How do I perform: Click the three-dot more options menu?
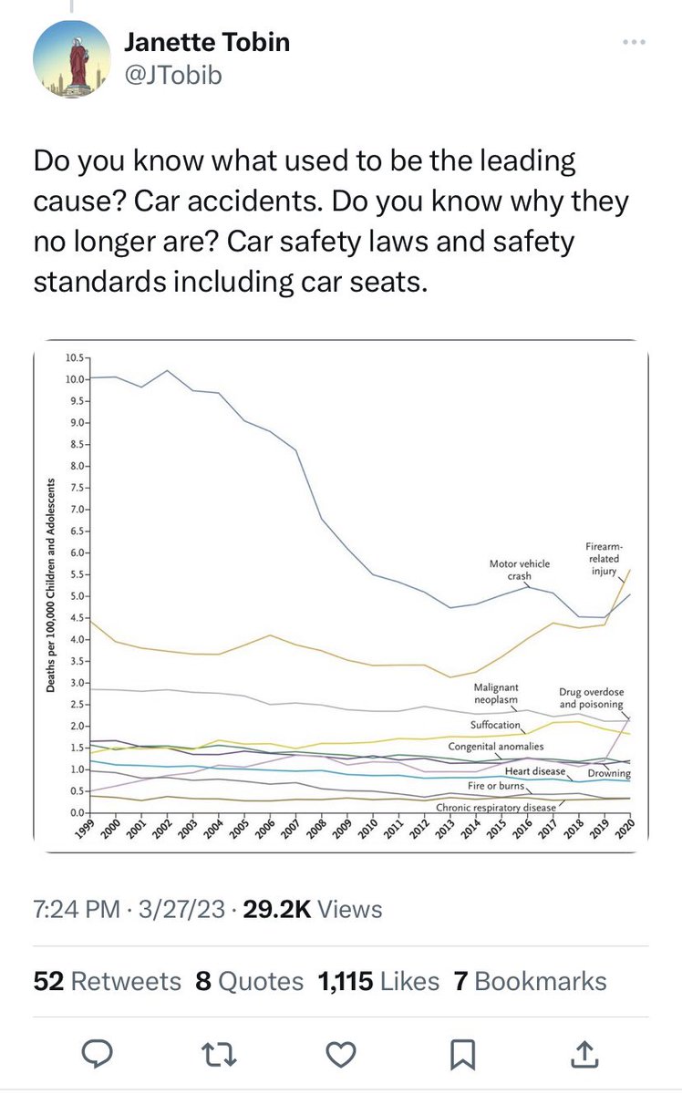pos(635,43)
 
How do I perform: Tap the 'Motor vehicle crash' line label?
pos(519,570)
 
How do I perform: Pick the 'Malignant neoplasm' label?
pos(496,693)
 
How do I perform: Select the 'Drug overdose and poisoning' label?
pos(591,698)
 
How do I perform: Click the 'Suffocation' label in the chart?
pos(495,725)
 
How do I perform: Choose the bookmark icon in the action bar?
pos(462,1054)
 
